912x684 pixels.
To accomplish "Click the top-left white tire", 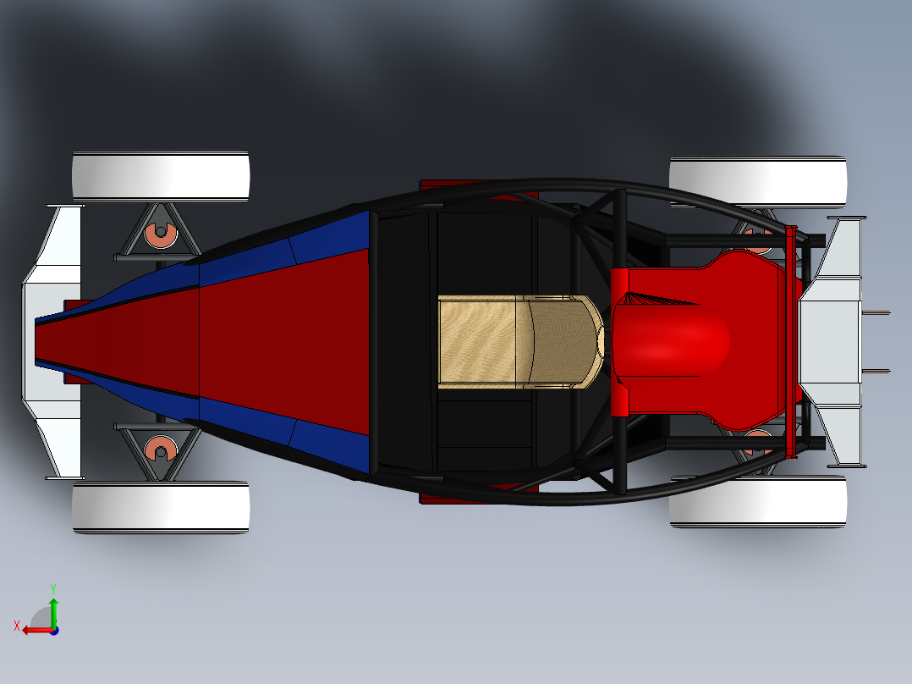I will [161, 176].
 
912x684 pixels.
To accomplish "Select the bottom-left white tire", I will [161, 507].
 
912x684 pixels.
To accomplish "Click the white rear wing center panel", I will [829, 341].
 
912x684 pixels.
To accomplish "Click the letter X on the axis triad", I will [17, 626].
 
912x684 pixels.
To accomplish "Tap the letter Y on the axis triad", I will [52, 587].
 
